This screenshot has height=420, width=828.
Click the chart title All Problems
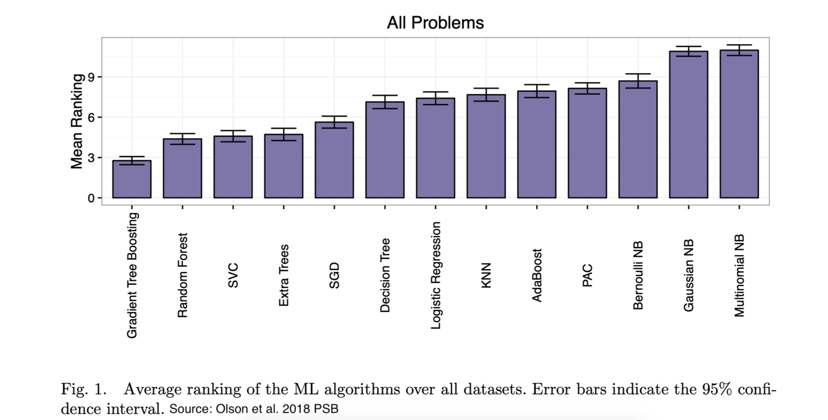click(x=435, y=23)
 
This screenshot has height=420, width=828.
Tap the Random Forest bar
click(x=182, y=168)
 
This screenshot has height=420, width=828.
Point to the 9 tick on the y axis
click(x=92, y=77)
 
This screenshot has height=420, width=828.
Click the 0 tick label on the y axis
click(x=92, y=198)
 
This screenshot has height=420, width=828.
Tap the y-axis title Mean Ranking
click(x=77, y=121)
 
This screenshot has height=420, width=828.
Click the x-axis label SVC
click(x=233, y=275)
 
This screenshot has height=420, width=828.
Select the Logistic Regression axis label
click(x=436, y=275)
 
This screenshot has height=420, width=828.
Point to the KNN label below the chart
click(x=486, y=275)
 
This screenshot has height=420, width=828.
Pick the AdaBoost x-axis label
click(x=537, y=275)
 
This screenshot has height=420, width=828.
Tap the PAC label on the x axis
click(x=587, y=275)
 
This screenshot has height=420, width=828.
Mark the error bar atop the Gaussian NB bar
click(x=689, y=51)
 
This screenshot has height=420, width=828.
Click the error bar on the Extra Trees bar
click(x=284, y=134)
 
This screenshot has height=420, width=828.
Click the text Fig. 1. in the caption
click(x=83, y=389)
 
